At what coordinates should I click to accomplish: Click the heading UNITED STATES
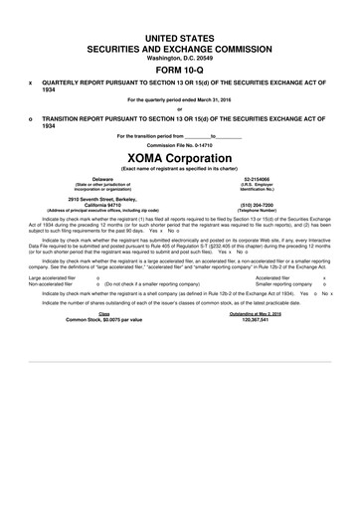(180, 37)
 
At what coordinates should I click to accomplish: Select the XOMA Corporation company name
(180, 157)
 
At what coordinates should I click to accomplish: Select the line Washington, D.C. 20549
(180, 57)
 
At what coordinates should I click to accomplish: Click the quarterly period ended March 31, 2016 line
(180, 100)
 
